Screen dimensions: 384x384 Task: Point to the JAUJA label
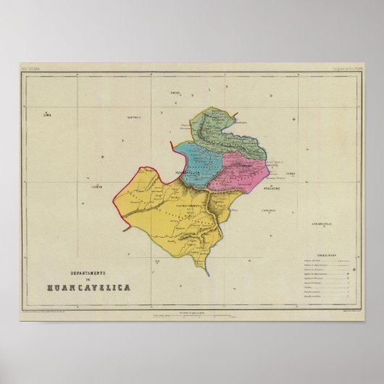[175, 94]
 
